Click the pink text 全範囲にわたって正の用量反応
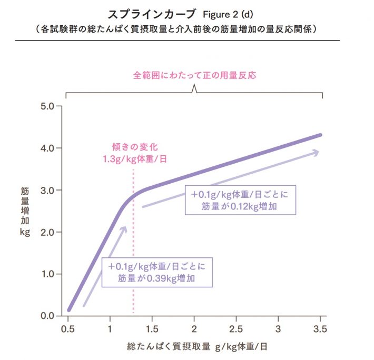[x=194, y=75]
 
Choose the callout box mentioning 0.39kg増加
[x=157, y=272]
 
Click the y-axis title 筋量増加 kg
[x=24, y=209]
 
